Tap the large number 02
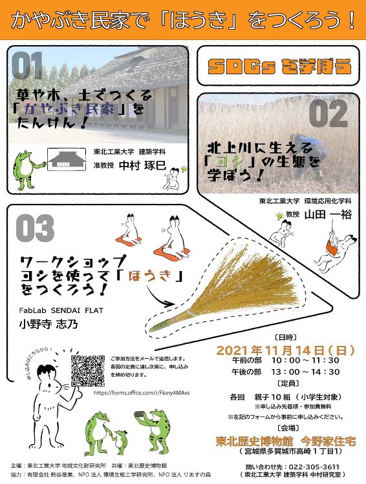coord(328,114)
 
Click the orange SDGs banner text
coord(280,65)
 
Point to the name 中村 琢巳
coord(144,166)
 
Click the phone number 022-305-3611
coord(309,467)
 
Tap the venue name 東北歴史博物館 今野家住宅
coord(286,442)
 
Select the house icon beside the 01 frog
coord(67,159)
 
